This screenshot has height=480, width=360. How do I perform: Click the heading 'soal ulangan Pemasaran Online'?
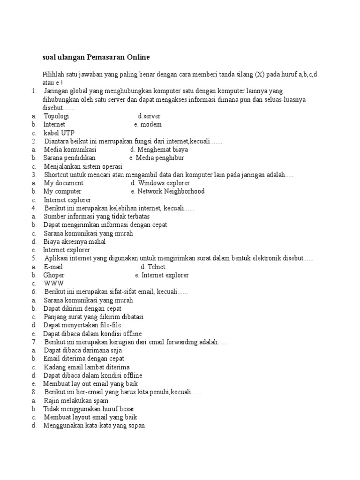tap(96, 57)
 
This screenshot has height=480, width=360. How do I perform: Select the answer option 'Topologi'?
tap(56, 116)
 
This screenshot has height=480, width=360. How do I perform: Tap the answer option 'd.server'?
tap(150, 116)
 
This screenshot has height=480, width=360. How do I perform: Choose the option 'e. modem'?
tap(148, 124)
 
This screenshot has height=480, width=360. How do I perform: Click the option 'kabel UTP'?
tap(59, 133)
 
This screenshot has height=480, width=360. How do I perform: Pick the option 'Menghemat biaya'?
tap(159, 150)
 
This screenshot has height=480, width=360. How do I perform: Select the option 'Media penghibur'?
tap(157, 158)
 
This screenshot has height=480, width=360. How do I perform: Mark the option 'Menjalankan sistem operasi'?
tap(83, 166)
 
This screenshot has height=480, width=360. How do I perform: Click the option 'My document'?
tap(64, 183)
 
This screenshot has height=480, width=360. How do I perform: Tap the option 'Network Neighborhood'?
tap(168, 191)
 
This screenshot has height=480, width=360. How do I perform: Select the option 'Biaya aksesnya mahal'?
tap(75, 241)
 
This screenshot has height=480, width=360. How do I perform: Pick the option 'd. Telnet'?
tap(153, 267)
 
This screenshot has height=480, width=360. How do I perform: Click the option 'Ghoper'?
tap(54, 275)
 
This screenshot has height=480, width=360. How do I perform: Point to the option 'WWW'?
tap(54, 284)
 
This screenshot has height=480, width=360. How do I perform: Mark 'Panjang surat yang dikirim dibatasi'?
tap(94, 317)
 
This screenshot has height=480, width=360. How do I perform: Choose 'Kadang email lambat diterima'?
tap(87, 367)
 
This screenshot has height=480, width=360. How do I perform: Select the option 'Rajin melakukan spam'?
tap(76, 401)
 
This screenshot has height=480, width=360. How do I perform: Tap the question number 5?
tap(34, 258)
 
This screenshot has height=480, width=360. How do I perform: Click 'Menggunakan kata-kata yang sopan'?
tap(94, 426)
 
